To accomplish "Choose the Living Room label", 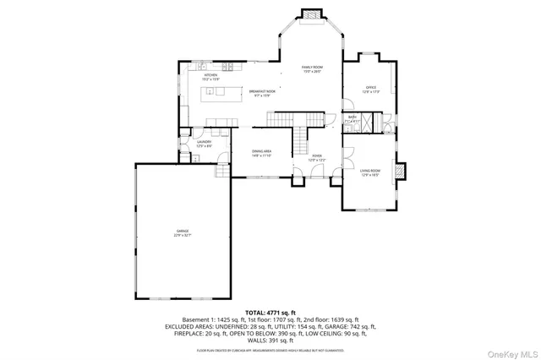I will (x=369, y=173).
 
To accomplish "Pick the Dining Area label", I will (x=260, y=154).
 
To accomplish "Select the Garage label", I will (x=183, y=233).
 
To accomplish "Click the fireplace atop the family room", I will (x=312, y=14).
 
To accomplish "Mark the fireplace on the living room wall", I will (x=404, y=172).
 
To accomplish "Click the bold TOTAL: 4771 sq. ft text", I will (x=270, y=311).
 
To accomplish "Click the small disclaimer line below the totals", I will (x=270, y=349).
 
